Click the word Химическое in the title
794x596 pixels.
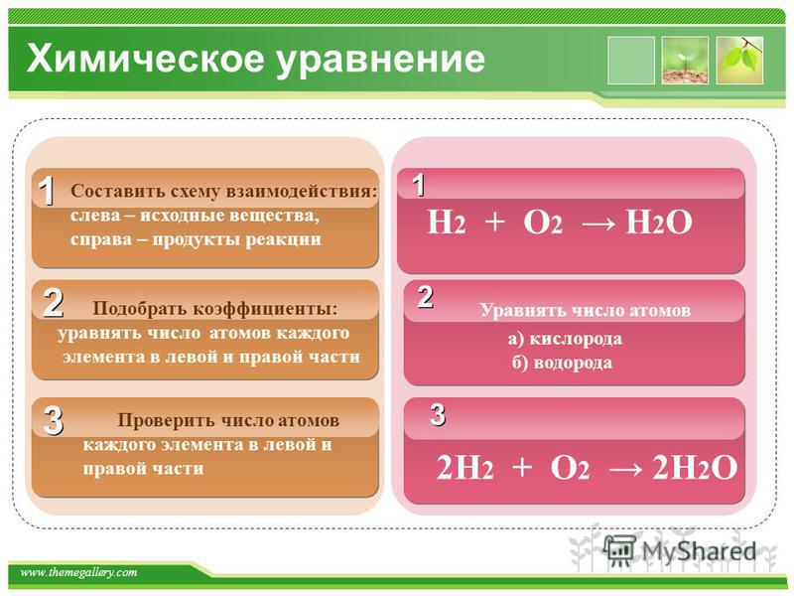pyautogui.click(x=146, y=59)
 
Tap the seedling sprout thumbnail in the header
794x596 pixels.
pyautogui.click(x=685, y=61)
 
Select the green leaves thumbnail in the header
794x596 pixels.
pyautogui.click(x=739, y=61)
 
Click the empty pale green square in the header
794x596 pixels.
pyautogui.click(x=631, y=61)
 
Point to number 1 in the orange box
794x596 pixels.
pyautogui.click(x=47, y=191)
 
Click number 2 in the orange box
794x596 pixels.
pyautogui.click(x=54, y=303)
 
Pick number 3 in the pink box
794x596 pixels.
pyautogui.click(x=438, y=414)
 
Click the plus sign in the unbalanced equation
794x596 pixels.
pyautogui.click(x=494, y=223)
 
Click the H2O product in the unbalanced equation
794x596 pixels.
pyautogui.click(x=658, y=223)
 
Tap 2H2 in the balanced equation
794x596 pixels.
pyautogui.click(x=464, y=467)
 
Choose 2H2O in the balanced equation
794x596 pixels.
pyautogui.click(x=694, y=467)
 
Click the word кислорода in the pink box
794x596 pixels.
pyautogui.click(x=576, y=339)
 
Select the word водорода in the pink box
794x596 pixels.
pyautogui.click(x=573, y=363)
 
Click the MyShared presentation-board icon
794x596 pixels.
pyautogui.click(x=619, y=551)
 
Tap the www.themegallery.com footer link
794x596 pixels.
pyautogui.click(x=78, y=573)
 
